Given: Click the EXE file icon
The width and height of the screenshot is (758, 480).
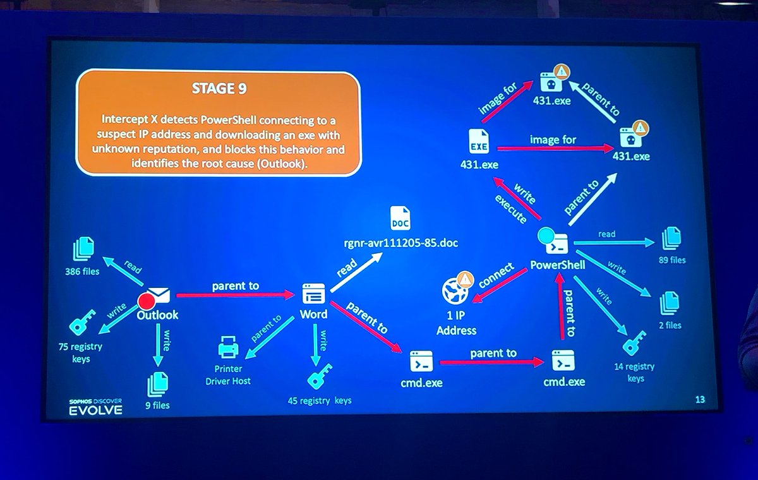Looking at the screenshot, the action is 479,142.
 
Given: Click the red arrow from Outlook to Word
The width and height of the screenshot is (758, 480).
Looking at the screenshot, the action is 236,295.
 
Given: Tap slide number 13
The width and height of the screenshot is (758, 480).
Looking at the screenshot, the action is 699,399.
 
